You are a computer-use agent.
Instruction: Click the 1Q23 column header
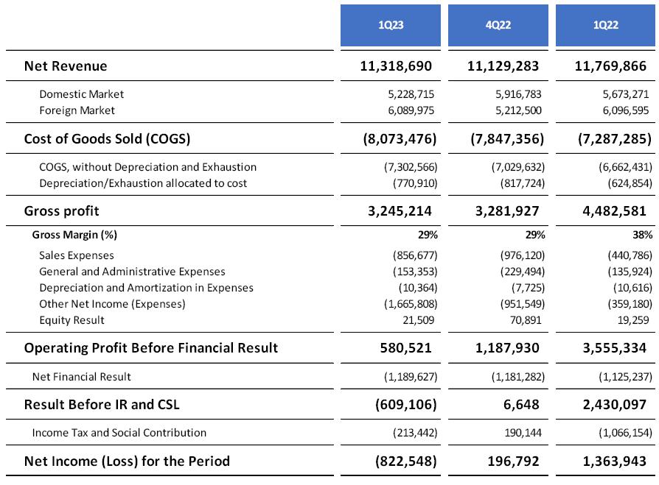[x=391, y=25]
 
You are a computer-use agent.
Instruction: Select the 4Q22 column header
[x=498, y=25]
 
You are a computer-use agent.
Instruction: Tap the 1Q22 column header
[x=606, y=25]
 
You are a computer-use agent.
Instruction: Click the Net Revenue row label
[x=66, y=66]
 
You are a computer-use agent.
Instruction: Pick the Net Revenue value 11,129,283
[x=503, y=66]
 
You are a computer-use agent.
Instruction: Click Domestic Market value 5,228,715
[x=404, y=94]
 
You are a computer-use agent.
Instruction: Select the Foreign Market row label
[x=77, y=110]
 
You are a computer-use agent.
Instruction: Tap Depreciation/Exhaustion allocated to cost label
[x=143, y=183]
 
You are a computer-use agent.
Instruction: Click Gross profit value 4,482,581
[x=612, y=211]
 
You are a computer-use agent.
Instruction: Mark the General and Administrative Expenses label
[x=132, y=272]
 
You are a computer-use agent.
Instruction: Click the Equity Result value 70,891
[x=526, y=320]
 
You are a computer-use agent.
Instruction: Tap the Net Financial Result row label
[x=82, y=377]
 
